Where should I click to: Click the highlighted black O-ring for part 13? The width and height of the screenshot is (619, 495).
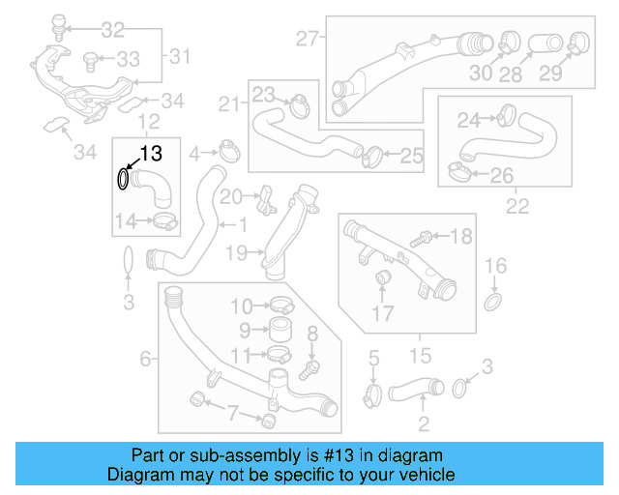click(x=123, y=180)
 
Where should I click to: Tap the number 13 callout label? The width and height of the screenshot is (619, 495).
click(x=152, y=153)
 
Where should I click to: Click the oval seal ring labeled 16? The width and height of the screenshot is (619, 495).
click(x=493, y=303)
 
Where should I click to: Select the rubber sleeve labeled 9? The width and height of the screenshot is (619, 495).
click(x=280, y=330)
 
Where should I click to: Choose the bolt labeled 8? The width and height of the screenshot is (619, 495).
click(x=309, y=366)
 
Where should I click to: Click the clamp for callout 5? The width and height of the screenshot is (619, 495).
click(x=372, y=394)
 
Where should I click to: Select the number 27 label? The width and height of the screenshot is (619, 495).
click(x=307, y=39)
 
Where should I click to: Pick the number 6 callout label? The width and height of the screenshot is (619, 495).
click(x=146, y=359)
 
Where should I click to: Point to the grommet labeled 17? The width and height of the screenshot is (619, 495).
click(x=382, y=280)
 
